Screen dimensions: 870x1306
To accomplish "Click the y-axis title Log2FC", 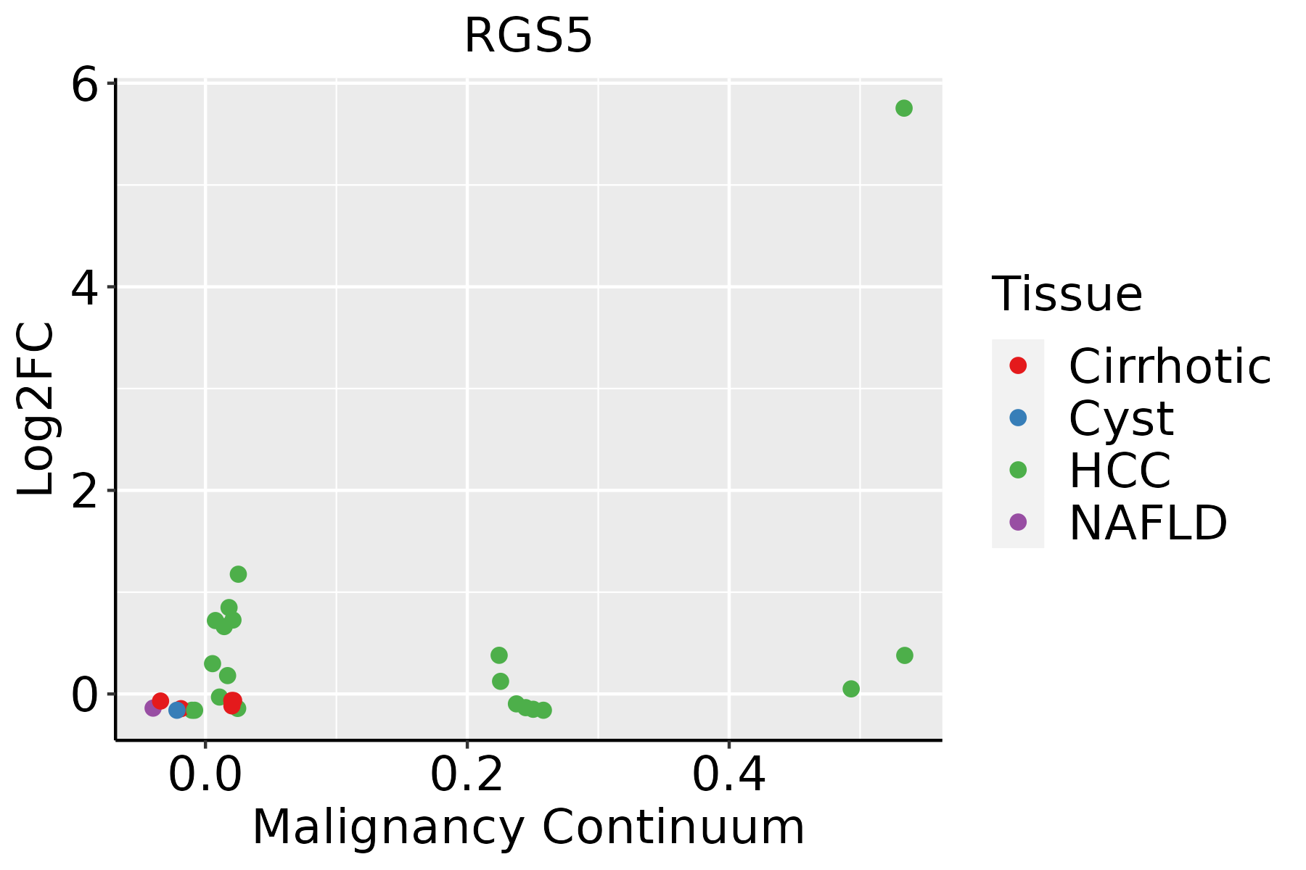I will tap(36, 410).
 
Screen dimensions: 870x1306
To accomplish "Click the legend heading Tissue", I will tap(1067, 294).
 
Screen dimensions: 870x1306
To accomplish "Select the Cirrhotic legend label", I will tap(1169, 366).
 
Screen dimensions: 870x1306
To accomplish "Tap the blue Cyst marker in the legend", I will tap(1018, 418).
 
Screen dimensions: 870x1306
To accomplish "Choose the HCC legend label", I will tap(1120, 470).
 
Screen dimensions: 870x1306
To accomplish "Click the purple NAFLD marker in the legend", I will tap(1018, 522).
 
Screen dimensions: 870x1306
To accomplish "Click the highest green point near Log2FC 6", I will tap(903, 109).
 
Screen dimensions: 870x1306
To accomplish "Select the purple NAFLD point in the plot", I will tap(153, 708).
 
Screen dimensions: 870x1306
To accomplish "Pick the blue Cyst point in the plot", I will tap(177, 710).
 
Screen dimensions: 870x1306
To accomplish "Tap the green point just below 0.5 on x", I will tap(851, 689).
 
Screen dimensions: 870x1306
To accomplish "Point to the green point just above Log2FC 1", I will tap(238, 574).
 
